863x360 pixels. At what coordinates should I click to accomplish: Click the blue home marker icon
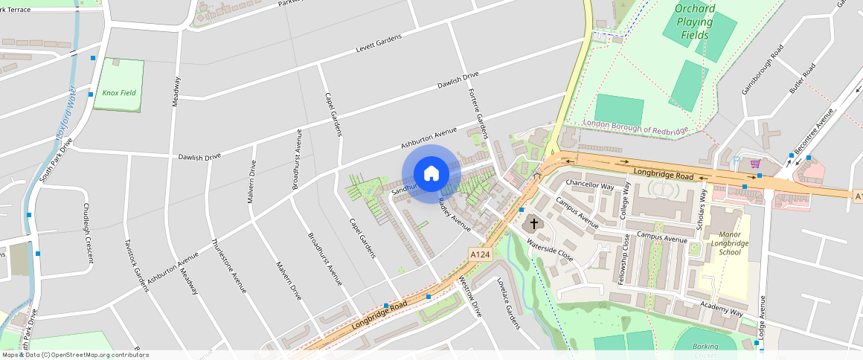tap(431, 174)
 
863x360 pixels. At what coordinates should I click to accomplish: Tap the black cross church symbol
tap(533, 223)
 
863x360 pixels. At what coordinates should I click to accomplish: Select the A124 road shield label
tap(480, 254)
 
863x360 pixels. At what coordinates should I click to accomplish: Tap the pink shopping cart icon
tap(756, 164)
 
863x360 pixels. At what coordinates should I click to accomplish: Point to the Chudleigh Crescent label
tap(88, 234)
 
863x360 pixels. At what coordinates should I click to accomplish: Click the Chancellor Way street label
tap(590, 184)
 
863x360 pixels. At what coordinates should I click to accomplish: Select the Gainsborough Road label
tap(763, 70)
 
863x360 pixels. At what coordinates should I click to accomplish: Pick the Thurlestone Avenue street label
tap(229, 266)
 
